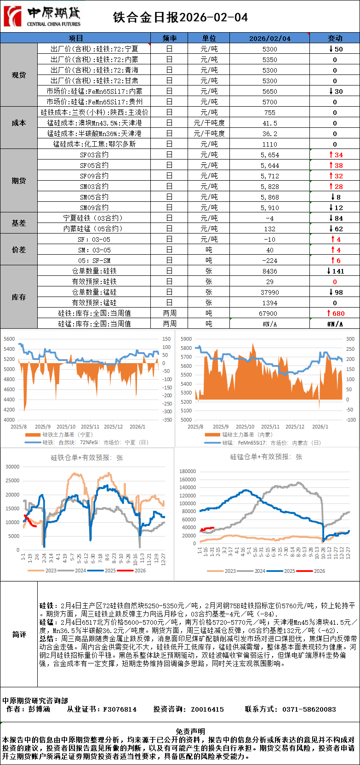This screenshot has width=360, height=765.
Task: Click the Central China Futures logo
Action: pyautogui.click(x=42, y=17)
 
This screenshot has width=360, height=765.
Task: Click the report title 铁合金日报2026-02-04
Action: pyautogui.click(x=180, y=17)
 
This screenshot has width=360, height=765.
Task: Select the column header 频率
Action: pyautogui.click(x=169, y=38)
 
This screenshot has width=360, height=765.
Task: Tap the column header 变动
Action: pyautogui.click(x=335, y=38)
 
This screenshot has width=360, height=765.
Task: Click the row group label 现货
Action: pyautogui.click(x=19, y=75)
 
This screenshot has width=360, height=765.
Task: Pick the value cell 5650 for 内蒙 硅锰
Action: pyautogui.click(x=269, y=91)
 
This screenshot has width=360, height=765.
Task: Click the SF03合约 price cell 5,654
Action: pyautogui.click(x=269, y=155)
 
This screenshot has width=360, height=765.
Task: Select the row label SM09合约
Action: pyautogui.click(x=94, y=208)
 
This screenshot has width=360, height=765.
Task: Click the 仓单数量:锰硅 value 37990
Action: pyautogui.click(x=269, y=292)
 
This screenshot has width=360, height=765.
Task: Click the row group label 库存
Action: pyautogui.click(x=19, y=297)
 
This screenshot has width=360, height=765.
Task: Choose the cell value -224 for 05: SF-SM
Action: pyautogui.click(x=269, y=261)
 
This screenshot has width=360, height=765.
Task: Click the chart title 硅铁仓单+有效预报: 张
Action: pyautogui.click(x=87, y=458)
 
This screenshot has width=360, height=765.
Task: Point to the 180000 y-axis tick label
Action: pyautogui.click(x=188, y=471)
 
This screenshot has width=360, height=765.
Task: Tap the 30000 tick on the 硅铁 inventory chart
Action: pyautogui.click(x=12, y=467)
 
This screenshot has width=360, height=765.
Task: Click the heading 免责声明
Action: pyautogui.click(x=190, y=731)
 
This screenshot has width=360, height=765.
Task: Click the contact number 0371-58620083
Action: pyautogui.click(x=309, y=709)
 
